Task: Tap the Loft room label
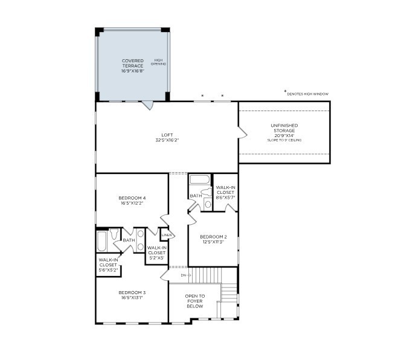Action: point(167,135)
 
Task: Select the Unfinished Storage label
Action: point(284,128)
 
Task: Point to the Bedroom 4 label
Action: point(132,198)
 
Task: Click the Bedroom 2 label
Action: point(213,236)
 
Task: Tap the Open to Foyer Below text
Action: point(194,301)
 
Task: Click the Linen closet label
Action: point(167,234)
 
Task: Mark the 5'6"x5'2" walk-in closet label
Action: point(108,265)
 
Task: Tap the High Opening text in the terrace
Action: point(158,62)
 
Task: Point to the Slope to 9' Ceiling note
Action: point(284,140)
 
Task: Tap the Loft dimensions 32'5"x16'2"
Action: point(167,140)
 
